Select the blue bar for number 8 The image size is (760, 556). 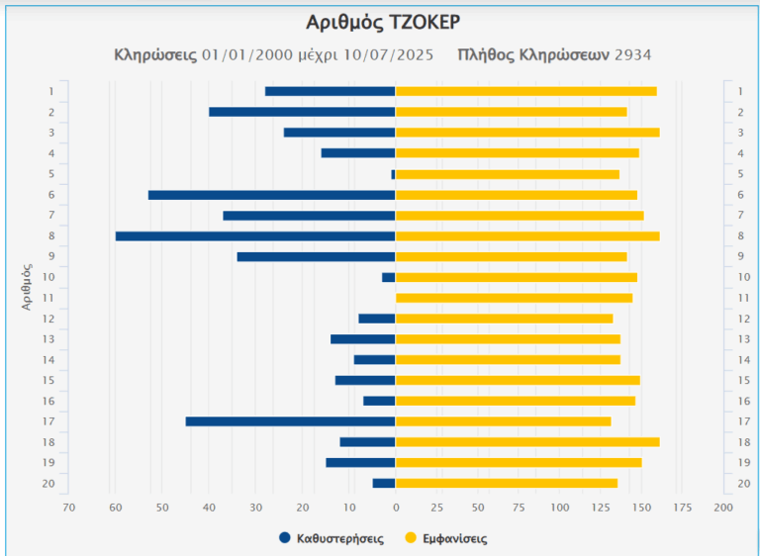pyautogui.click(x=255, y=235)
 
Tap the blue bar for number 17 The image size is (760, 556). pyautogui.click(x=290, y=421)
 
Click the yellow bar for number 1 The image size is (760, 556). pyautogui.click(x=525, y=91)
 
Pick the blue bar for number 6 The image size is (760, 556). pyautogui.click(x=271, y=195)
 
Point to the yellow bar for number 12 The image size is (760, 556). pyautogui.click(x=504, y=319)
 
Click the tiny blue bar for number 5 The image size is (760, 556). pyautogui.click(x=393, y=174)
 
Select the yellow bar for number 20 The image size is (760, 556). pyautogui.click(x=506, y=483)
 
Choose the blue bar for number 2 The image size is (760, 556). pyautogui.click(x=302, y=112)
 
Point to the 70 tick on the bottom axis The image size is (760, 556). pyautogui.click(x=68, y=508)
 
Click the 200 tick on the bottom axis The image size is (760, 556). pyautogui.click(x=723, y=508)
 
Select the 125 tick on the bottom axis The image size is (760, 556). pyautogui.click(x=601, y=508)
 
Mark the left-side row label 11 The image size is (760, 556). pyautogui.click(x=48, y=298)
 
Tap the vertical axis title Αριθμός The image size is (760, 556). pyautogui.click(x=28, y=287)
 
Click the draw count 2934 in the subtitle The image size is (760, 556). pyautogui.click(x=632, y=54)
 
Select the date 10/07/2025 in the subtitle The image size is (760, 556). pyautogui.click(x=388, y=54)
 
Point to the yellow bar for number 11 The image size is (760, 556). pyautogui.click(x=514, y=298)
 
